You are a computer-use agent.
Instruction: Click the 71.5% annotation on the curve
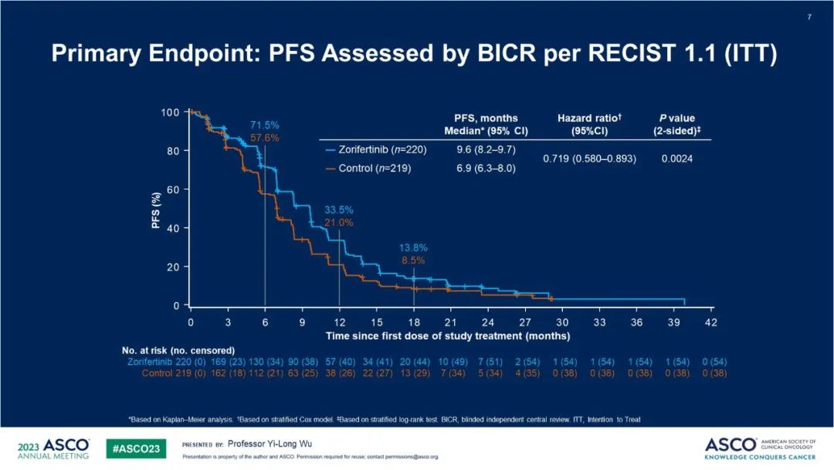(264, 124)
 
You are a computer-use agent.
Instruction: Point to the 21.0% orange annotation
(338, 223)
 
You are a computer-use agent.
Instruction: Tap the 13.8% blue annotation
(413, 247)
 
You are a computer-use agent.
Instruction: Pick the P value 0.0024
(676, 158)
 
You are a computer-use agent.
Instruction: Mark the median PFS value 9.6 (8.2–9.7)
(486, 149)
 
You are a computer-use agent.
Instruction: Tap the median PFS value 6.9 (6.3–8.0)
(486, 168)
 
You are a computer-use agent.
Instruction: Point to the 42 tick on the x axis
(710, 321)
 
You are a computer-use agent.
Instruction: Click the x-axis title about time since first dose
(448, 336)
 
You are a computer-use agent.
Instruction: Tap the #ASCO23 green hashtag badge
(136, 449)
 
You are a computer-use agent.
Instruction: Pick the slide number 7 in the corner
(809, 17)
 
